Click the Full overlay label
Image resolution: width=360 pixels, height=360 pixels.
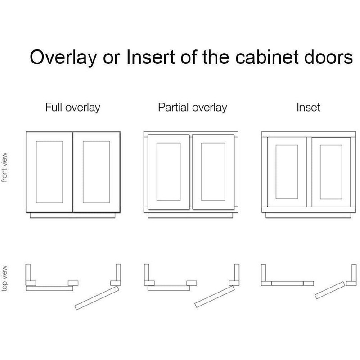(72, 108)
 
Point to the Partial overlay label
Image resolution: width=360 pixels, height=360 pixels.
(193, 108)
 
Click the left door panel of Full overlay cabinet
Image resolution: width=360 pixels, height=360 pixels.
(49, 171)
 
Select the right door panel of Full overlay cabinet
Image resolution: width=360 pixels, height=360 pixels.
(96, 171)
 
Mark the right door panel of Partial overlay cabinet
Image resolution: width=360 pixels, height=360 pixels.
(214, 172)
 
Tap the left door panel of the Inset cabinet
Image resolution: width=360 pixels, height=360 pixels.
(287, 172)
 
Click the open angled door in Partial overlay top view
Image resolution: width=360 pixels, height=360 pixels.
(214, 295)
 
